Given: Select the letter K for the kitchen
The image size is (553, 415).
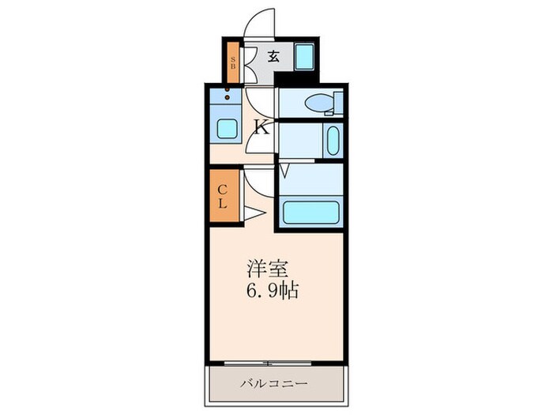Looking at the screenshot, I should [261, 126].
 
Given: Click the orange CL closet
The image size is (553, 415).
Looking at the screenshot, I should [222, 194].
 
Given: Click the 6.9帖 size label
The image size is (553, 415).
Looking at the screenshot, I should [270, 290].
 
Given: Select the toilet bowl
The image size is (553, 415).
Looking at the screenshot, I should [319, 103].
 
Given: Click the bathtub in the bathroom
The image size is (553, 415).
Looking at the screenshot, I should [310, 212].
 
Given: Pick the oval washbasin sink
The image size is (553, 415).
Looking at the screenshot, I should [332, 141].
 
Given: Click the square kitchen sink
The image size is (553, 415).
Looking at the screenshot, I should [228, 129].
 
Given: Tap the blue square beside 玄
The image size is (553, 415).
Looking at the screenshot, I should [304, 57].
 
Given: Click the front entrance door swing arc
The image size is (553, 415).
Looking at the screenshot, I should [259, 23].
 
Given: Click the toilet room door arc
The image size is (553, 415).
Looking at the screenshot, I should [259, 101].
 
